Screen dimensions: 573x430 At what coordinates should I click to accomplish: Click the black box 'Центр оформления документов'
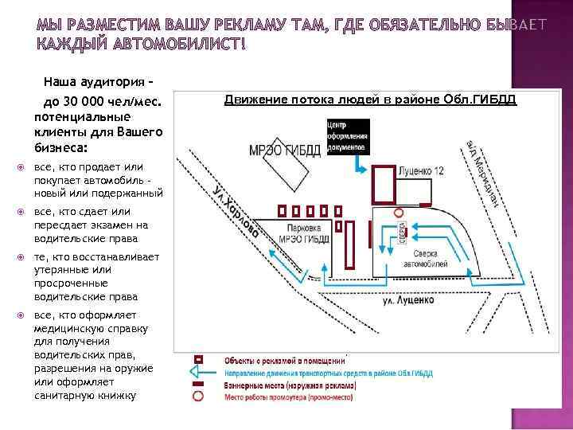[x=347, y=135]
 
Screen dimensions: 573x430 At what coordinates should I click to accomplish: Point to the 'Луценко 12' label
[x=421, y=171]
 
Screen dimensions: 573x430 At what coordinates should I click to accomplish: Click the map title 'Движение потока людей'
[x=370, y=99]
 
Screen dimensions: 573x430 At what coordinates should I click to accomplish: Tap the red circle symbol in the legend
[x=197, y=396]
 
